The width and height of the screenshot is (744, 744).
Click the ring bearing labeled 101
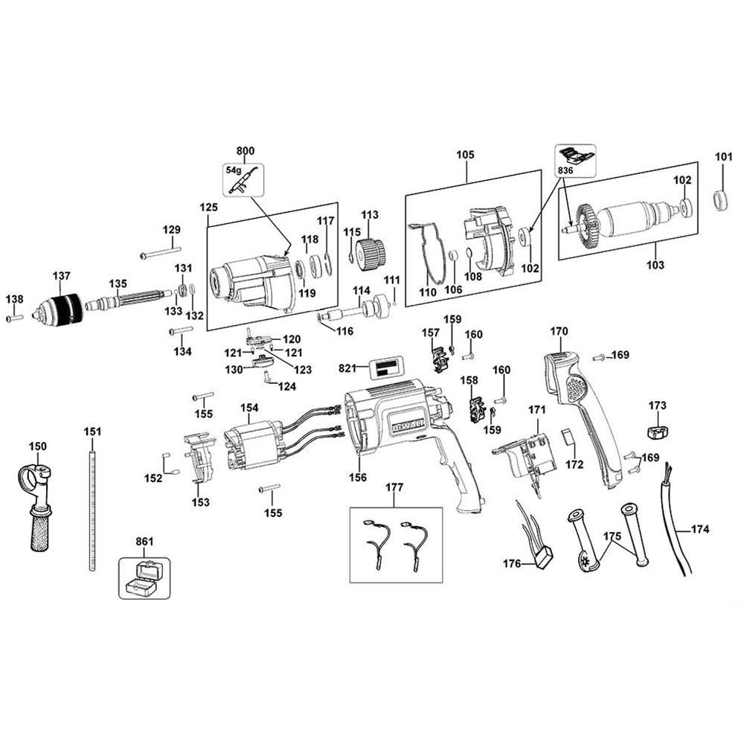[x=721, y=201]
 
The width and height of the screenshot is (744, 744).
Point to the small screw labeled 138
[x=14, y=318]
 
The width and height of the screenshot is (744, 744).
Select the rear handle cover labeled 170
[x=584, y=417]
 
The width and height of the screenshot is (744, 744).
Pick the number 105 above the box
[x=465, y=155]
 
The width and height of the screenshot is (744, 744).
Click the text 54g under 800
[x=233, y=169]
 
